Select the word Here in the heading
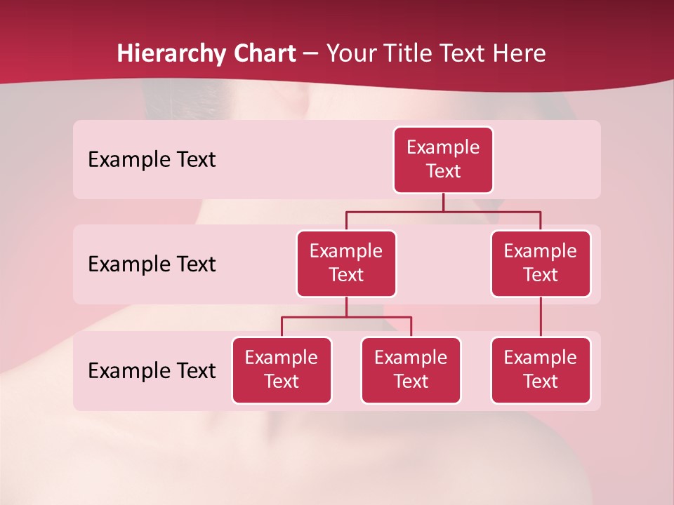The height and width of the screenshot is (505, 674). [521, 54]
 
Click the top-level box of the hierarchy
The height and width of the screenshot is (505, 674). [443, 160]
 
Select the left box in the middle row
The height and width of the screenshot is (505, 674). [346, 264]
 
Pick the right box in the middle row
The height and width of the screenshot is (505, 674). [541, 264]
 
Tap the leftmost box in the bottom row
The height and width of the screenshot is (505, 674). [282, 370]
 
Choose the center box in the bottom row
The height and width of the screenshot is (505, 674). [411, 370]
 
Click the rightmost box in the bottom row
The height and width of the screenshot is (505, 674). [541, 370]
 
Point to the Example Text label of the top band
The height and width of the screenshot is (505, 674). [152, 160]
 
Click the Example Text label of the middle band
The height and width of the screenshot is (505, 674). [152, 264]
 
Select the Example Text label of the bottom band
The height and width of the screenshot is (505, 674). [152, 371]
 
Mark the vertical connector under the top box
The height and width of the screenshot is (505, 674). [443, 202]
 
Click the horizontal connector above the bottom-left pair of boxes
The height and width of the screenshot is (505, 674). [346, 317]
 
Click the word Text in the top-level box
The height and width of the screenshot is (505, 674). [443, 172]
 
